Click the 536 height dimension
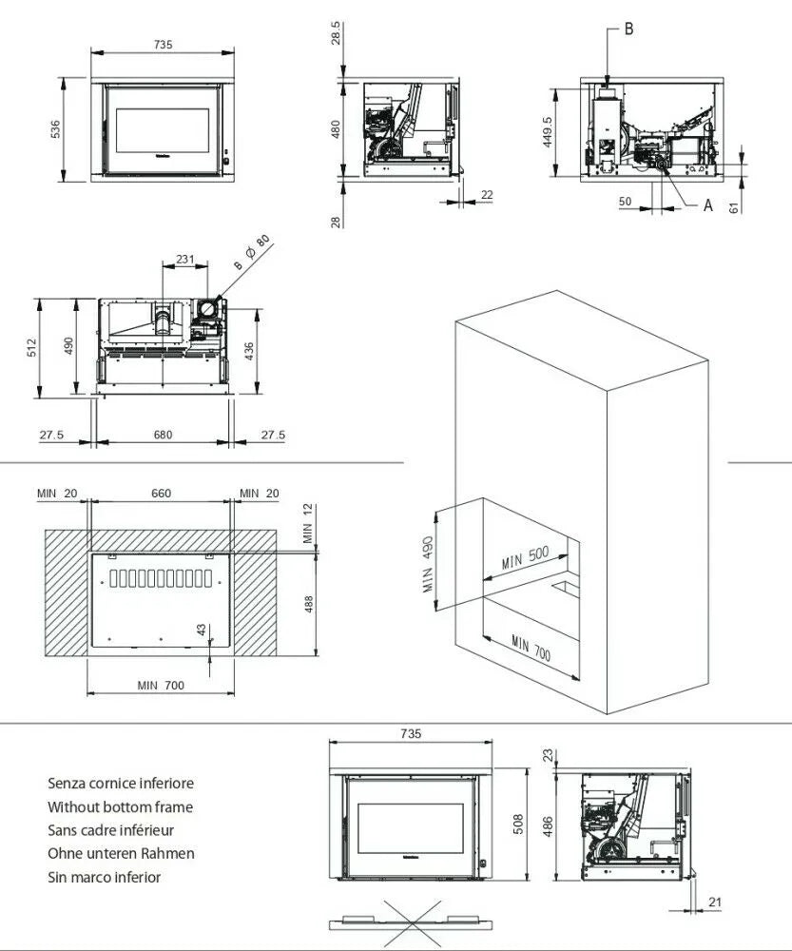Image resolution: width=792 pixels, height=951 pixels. click(55, 128)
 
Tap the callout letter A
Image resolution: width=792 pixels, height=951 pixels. click(707, 204)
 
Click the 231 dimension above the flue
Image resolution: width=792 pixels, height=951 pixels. click(185, 259)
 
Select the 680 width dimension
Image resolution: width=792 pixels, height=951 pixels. click(163, 435)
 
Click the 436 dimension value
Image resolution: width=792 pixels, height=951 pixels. click(249, 350)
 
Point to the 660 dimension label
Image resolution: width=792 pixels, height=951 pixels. click(162, 493)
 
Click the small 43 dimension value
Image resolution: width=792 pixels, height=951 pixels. click(201, 631)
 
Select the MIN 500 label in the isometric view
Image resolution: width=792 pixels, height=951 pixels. click(527, 557)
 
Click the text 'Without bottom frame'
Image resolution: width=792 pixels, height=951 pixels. click(120, 806)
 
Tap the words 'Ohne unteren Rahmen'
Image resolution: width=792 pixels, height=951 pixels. click(121, 854)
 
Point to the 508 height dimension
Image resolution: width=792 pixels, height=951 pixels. click(517, 823)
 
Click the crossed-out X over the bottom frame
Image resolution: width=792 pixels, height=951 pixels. click(411, 922)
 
